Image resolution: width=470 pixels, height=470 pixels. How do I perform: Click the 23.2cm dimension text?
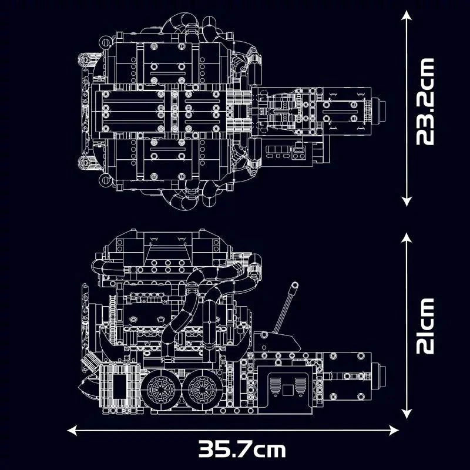click(x=425, y=101)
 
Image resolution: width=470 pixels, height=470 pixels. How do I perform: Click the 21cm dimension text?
click(x=425, y=325)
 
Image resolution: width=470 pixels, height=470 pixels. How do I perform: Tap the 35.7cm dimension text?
click(x=242, y=450)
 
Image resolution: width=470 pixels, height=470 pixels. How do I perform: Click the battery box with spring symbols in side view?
click(x=288, y=388)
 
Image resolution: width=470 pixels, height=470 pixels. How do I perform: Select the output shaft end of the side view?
click(x=383, y=375)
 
